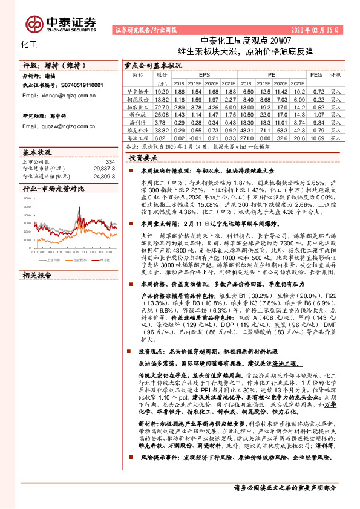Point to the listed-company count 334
click(x=110, y=162)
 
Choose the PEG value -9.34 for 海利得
click(x=316, y=122)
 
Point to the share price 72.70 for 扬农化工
click(x=162, y=106)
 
